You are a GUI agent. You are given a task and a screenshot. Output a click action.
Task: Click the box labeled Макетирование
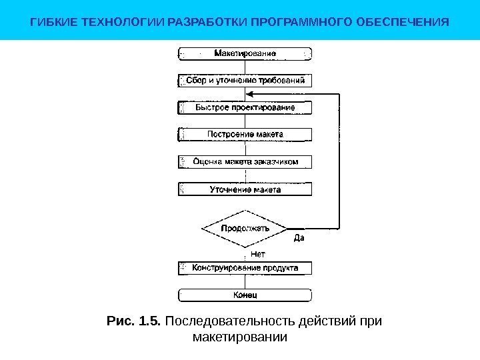245,53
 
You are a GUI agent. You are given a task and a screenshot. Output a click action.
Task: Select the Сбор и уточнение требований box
245,80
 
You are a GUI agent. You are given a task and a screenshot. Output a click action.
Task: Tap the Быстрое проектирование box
245,107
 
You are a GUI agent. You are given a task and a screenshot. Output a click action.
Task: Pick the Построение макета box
245,134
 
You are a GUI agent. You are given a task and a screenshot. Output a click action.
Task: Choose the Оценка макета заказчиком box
245,161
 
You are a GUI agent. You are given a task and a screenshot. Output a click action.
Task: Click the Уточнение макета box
245,189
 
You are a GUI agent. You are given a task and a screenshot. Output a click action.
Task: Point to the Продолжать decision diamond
245,228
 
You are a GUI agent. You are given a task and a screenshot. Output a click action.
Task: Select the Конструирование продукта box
245,268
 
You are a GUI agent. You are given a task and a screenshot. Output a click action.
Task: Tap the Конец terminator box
245,295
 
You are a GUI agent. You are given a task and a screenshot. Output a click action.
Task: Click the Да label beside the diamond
299,239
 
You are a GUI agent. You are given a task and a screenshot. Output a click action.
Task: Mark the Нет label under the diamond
257,254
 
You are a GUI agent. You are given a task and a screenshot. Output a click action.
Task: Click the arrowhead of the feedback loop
315,94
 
